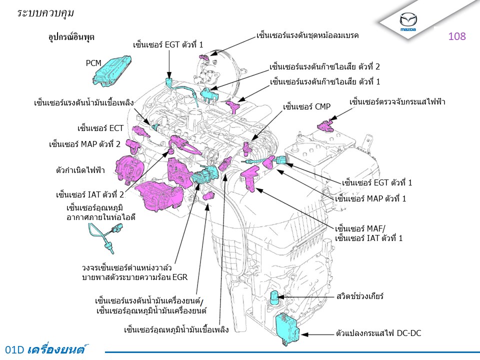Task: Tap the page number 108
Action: click(457, 36)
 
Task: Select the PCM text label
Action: click(93, 63)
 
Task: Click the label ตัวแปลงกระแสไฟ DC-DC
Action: click(378, 332)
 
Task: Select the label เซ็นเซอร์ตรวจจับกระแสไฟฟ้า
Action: click(397, 102)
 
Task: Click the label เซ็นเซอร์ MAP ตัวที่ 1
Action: click(370, 198)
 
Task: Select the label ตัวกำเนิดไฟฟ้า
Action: click(80, 170)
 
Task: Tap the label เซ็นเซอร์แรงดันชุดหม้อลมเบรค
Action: click(307, 35)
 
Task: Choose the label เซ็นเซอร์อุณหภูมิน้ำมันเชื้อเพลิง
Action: click(176, 329)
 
